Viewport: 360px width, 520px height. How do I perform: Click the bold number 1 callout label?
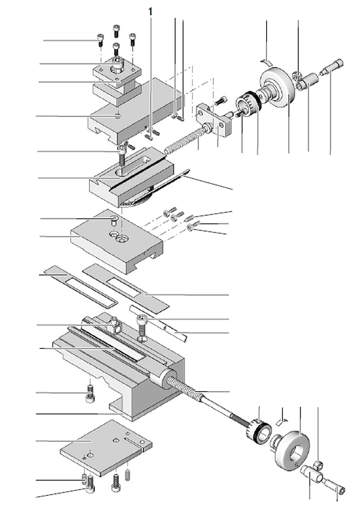pyautogui.click(x=150, y=12)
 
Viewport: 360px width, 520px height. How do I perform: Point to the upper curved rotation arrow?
pyautogui.click(x=266, y=62)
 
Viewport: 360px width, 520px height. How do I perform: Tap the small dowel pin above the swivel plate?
pyautogui.click(x=114, y=220)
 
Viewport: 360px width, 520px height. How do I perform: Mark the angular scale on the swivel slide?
pyautogui.click(x=137, y=202)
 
